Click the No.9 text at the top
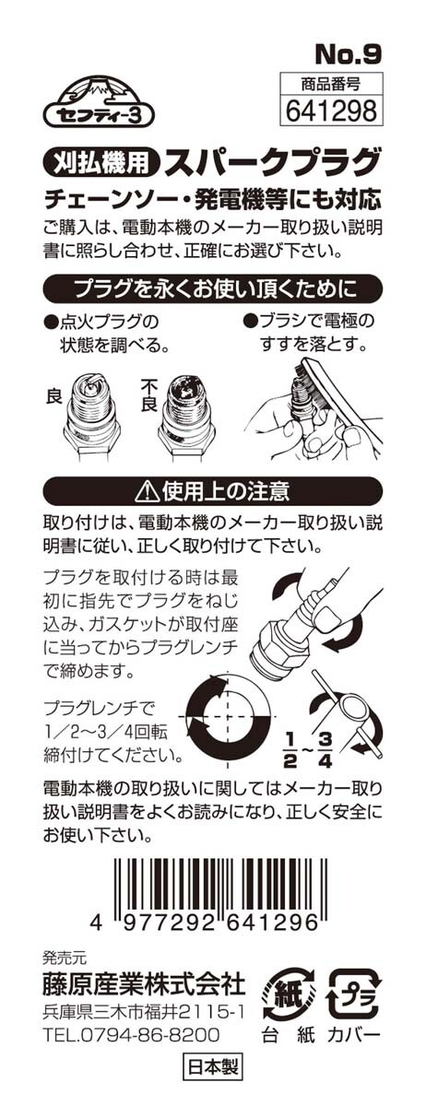[349, 54]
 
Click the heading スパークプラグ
[273, 162]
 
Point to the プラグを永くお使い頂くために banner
[213, 289]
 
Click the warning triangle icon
[149, 490]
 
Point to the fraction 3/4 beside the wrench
[325, 749]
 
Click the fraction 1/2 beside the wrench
[290, 749]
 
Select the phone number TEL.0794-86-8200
[132, 1034]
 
